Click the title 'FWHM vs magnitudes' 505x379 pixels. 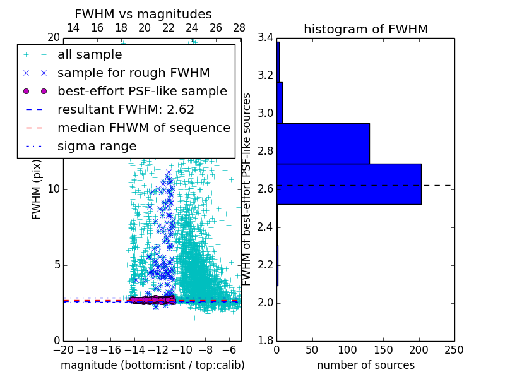tap(143, 14)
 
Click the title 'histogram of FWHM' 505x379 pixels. tap(365, 29)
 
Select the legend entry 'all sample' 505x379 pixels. tap(90, 55)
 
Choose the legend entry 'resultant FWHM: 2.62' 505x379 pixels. tap(126, 110)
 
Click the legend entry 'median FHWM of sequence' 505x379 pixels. tap(143, 128)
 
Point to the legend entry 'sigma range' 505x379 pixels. tap(97, 147)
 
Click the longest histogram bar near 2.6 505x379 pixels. tap(348, 184)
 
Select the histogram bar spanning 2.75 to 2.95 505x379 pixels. tap(323, 143)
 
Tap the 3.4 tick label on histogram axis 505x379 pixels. tap(265, 38)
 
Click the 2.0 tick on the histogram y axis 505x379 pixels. tap(265, 303)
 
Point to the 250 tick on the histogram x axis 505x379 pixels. tap(454, 350)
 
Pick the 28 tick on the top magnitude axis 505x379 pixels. tap(239, 28)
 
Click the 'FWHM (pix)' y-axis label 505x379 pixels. tap(37, 189)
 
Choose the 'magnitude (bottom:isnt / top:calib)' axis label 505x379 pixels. tap(152, 365)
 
